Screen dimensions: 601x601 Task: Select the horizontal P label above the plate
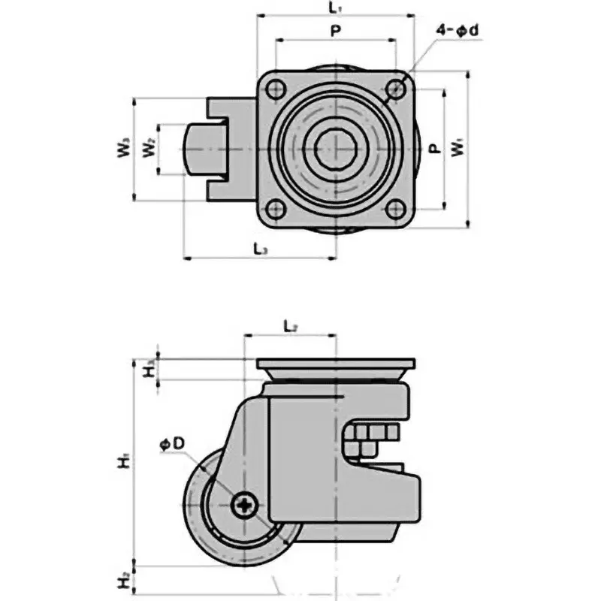pos(335,32)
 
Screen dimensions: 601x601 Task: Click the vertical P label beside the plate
pos(433,148)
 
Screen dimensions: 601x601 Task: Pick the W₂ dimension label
pos(149,148)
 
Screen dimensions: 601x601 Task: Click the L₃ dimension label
pos(259,248)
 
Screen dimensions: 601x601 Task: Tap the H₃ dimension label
pos(149,367)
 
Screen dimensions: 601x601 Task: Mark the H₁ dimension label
pos(124,460)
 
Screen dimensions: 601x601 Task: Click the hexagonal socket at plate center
pos(335,148)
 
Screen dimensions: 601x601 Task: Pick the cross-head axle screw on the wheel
pos(245,506)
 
